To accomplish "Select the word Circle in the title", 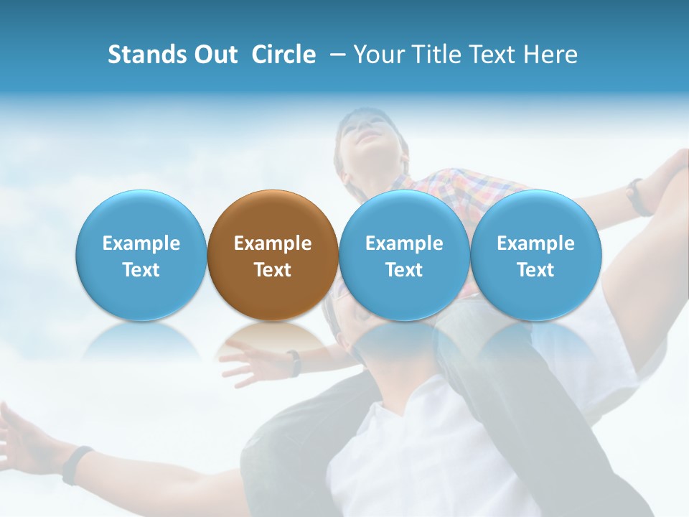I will [283, 55].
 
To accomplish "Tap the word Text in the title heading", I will [495, 55].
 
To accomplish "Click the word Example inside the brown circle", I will [273, 243].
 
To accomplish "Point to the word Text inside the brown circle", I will [273, 270].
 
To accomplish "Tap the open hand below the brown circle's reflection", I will [248, 363].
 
